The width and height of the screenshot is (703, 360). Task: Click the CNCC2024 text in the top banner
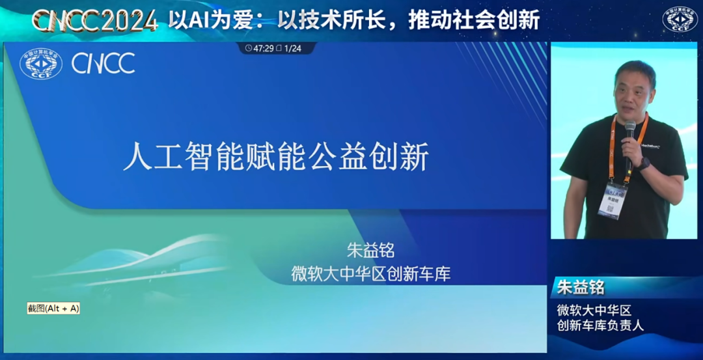[x=95, y=21]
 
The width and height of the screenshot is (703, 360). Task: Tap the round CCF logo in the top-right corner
[x=680, y=20]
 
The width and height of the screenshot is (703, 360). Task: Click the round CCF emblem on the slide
[x=40, y=64]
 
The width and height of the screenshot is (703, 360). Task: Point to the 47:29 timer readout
[x=263, y=48]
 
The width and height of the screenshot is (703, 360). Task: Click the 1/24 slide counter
[x=292, y=48]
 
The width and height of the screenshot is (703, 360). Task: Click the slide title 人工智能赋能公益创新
[x=276, y=157]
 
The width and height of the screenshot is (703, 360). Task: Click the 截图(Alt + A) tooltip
[x=53, y=308]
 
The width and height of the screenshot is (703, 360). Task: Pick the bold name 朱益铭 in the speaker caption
[x=581, y=287]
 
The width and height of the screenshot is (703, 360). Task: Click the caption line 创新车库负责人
[x=600, y=325]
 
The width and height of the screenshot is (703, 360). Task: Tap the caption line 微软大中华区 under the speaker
[x=594, y=310]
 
